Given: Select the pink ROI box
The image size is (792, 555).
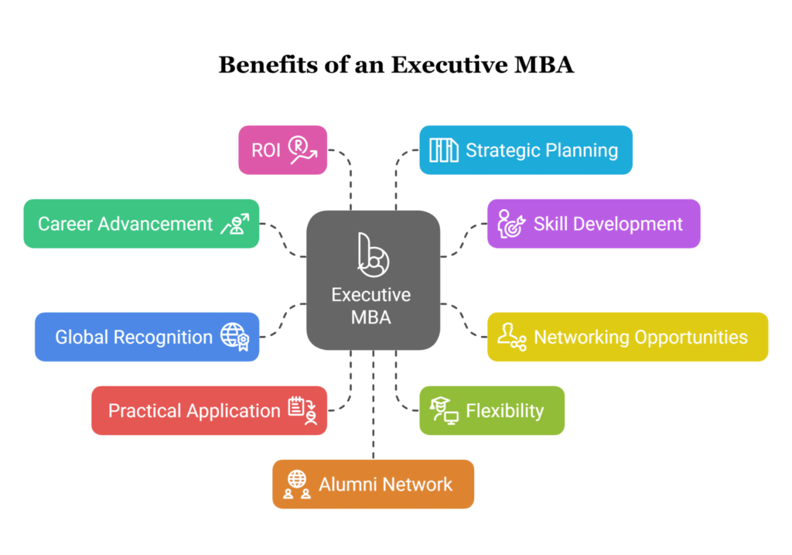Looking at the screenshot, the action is click(283, 150).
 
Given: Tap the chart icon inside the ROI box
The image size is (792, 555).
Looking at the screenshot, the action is click(302, 150).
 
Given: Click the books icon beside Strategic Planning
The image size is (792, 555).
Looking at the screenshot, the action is click(443, 150).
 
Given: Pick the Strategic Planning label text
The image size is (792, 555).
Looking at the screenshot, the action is click(541, 150).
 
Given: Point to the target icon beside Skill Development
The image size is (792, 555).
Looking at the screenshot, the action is click(511, 224).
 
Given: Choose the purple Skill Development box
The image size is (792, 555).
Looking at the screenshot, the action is click(593, 224).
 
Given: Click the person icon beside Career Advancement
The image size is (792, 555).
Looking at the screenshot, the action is click(235, 224).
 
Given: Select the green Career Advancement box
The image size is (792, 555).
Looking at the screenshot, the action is click(142, 224).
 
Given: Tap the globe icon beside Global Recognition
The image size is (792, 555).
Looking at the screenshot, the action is click(235, 337).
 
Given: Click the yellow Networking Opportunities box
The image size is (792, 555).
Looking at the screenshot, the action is click(627, 337).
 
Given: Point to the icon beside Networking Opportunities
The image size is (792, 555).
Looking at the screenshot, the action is click(512, 337).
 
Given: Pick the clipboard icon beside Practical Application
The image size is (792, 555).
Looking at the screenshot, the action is click(302, 410).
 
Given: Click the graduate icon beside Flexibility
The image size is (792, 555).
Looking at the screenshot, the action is click(443, 410).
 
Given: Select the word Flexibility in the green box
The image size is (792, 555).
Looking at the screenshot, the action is click(504, 410).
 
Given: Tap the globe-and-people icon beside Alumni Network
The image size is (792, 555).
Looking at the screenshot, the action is click(296, 485).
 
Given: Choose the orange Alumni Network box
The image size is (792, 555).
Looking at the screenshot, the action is click(374, 485).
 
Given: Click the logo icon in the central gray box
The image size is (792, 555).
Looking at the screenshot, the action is click(374, 255).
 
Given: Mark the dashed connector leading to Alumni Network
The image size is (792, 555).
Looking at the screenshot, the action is click(374, 404).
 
